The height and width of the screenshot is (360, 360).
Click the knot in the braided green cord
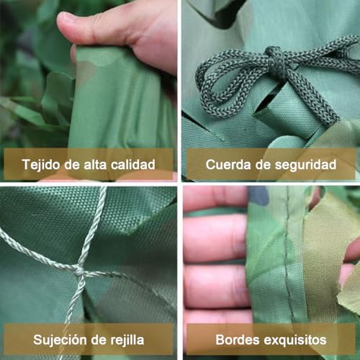pos(274,55)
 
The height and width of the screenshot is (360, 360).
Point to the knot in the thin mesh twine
pos(78,271)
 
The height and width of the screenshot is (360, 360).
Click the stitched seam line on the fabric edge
pos(288,259)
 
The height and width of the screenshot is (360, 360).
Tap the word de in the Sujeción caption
pos(99,339)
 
